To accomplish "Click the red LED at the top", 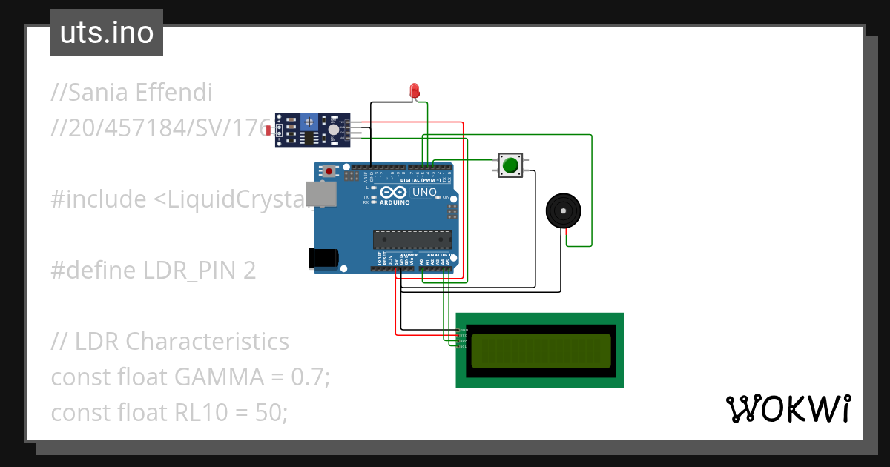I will (415, 91).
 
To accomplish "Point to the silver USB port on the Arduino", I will (321, 194).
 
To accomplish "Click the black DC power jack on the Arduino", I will (323, 257).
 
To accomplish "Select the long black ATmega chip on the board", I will (412, 239).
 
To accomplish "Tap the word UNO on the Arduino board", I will (424, 192).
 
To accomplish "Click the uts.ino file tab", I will (107, 33).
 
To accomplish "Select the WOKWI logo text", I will (788, 409).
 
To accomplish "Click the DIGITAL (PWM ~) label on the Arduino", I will (421, 180).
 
